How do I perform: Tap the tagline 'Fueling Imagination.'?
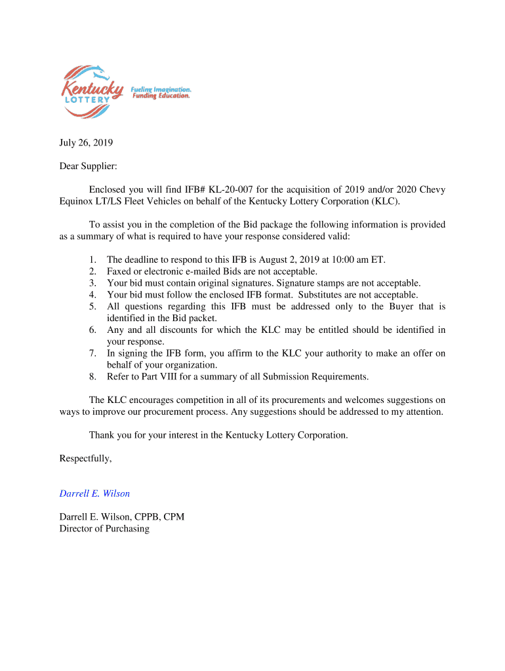[x=161, y=88]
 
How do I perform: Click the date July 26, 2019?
[x=86, y=142]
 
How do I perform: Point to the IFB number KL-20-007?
[x=233, y=189]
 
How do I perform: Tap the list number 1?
[x=93, y=259]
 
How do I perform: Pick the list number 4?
[x=93, y=295]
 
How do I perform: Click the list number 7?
[x=93, y=353]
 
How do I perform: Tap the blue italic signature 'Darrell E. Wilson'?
[x=94, y=493]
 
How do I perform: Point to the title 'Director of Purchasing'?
[x=104, y=528]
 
